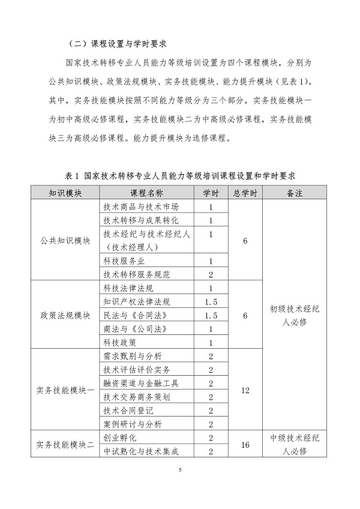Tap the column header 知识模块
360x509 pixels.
[65, 193]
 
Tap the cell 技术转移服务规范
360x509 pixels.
[136, 274]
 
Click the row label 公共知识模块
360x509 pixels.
[65, 241]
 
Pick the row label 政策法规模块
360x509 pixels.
[65, 316]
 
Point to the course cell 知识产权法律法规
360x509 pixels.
[136, 301]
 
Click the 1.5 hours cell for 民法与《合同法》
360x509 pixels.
[211, 315]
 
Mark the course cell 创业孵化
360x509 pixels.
[120, 438]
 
